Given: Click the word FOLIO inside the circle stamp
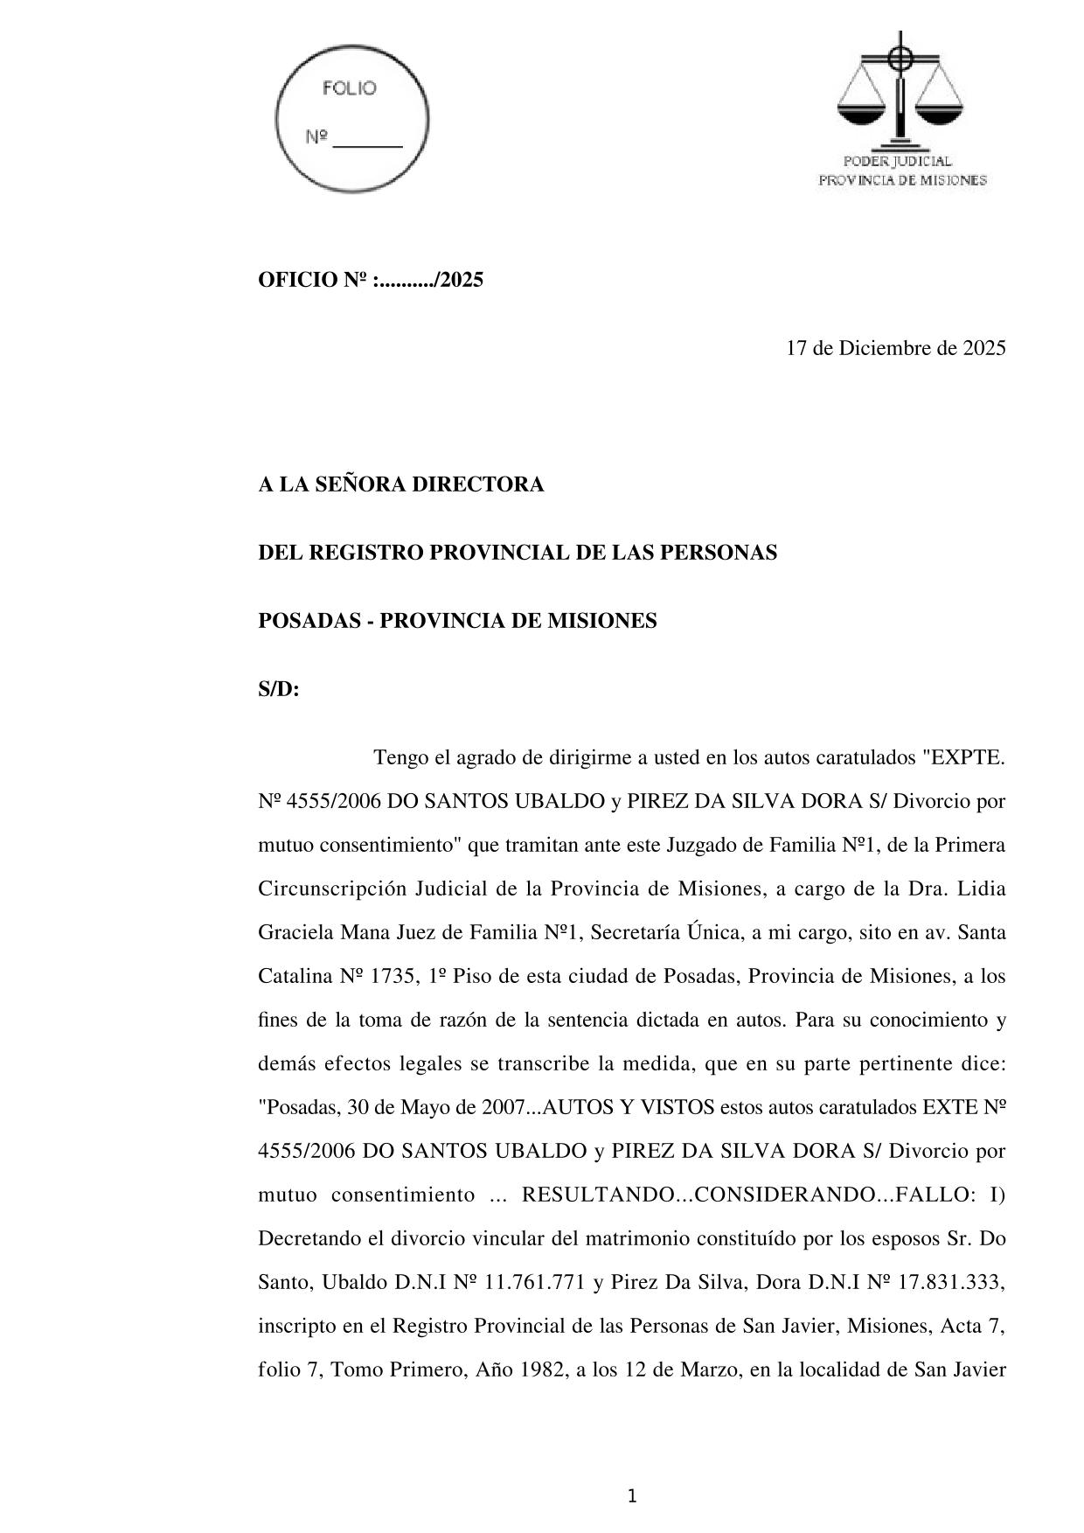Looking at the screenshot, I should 350,88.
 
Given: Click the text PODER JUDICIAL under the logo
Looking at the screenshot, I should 897,162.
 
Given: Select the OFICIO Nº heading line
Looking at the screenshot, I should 371,281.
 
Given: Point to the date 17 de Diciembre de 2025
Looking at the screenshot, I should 895,348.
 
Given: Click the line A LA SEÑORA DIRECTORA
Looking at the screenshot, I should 401,484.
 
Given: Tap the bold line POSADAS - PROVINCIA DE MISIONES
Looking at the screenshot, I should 457,621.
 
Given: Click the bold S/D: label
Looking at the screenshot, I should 279,689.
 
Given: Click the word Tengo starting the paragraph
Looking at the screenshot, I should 398,757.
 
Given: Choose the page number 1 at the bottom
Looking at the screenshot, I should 632,1496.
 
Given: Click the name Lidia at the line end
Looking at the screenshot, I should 982,888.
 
